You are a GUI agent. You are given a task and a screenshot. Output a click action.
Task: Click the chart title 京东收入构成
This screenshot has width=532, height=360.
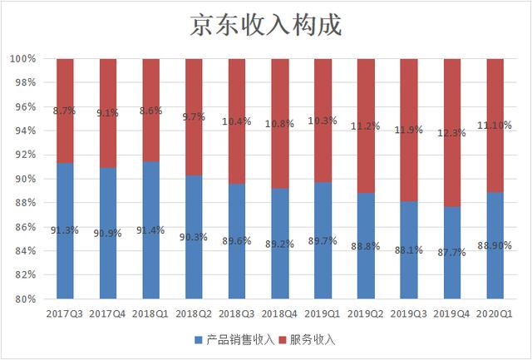(265, 25)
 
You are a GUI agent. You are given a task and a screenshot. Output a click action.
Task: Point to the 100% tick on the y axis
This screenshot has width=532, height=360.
(22, 59)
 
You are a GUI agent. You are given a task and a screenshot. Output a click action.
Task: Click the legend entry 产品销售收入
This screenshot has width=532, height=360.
(234, 339)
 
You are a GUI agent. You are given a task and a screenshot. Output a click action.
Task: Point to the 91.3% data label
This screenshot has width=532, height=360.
(65, 230)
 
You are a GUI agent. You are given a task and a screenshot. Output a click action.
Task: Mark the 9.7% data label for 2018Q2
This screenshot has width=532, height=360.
(194, 117)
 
